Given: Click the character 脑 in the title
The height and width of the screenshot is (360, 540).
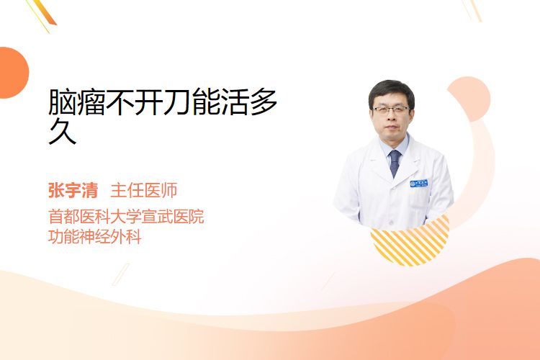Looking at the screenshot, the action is pyautogui.click(x=63, y=102).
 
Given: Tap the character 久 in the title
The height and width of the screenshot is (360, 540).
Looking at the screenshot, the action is pyautogui.click(x=63, y=131).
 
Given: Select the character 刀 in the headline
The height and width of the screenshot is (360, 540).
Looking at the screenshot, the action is pyautogui.click(x=177, y=102).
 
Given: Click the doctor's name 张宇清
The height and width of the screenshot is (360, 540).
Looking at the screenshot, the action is pyautogui.click(x=73, y=191).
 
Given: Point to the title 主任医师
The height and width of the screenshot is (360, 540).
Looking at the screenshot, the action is pyautogui.click(x=144, y=191).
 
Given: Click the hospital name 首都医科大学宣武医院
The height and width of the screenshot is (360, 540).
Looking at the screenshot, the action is pyautogui.click(x=126, y=217).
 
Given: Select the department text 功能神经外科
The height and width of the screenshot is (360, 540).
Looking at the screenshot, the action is pyautogui.click(x=95, y=237).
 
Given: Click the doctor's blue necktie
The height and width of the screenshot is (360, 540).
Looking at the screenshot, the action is pyautogui.click(x=395, y=163).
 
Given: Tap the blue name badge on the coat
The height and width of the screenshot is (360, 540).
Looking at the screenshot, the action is pyautogui.click(x=419, y=184).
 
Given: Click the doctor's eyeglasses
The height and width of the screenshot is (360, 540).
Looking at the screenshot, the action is pyautogui.click(x=391, y=110).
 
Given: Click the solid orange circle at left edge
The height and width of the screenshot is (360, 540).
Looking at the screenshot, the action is pyautogui.click(x=13, y=73).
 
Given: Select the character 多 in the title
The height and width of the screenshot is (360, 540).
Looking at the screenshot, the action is pyautogui.click(x=264, y=102).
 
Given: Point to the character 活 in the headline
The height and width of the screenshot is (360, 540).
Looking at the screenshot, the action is pyautogui.click(x=235, y=102).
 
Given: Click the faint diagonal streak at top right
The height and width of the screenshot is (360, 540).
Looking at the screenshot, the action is pyautogui.click(x=473, y=10).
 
